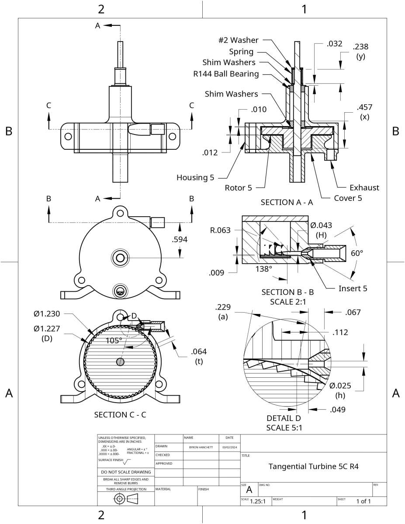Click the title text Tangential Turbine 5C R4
point(313,466)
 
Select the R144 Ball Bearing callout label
point(226,73)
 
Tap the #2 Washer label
point(238,40)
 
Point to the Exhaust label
point(364,188)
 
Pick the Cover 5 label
point(348,197)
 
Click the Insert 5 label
point(353,288)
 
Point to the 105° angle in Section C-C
point(114,340)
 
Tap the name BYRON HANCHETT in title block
point(201,447)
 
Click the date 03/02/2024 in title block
point(229,447)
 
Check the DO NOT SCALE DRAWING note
point(125,472)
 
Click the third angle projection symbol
point(126,500)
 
